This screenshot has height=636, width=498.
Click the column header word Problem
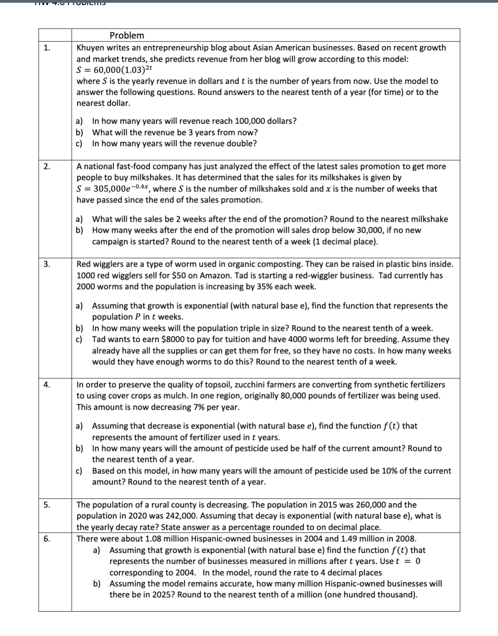pos(127,35)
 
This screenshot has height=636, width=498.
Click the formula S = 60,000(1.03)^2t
pos(114,70)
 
